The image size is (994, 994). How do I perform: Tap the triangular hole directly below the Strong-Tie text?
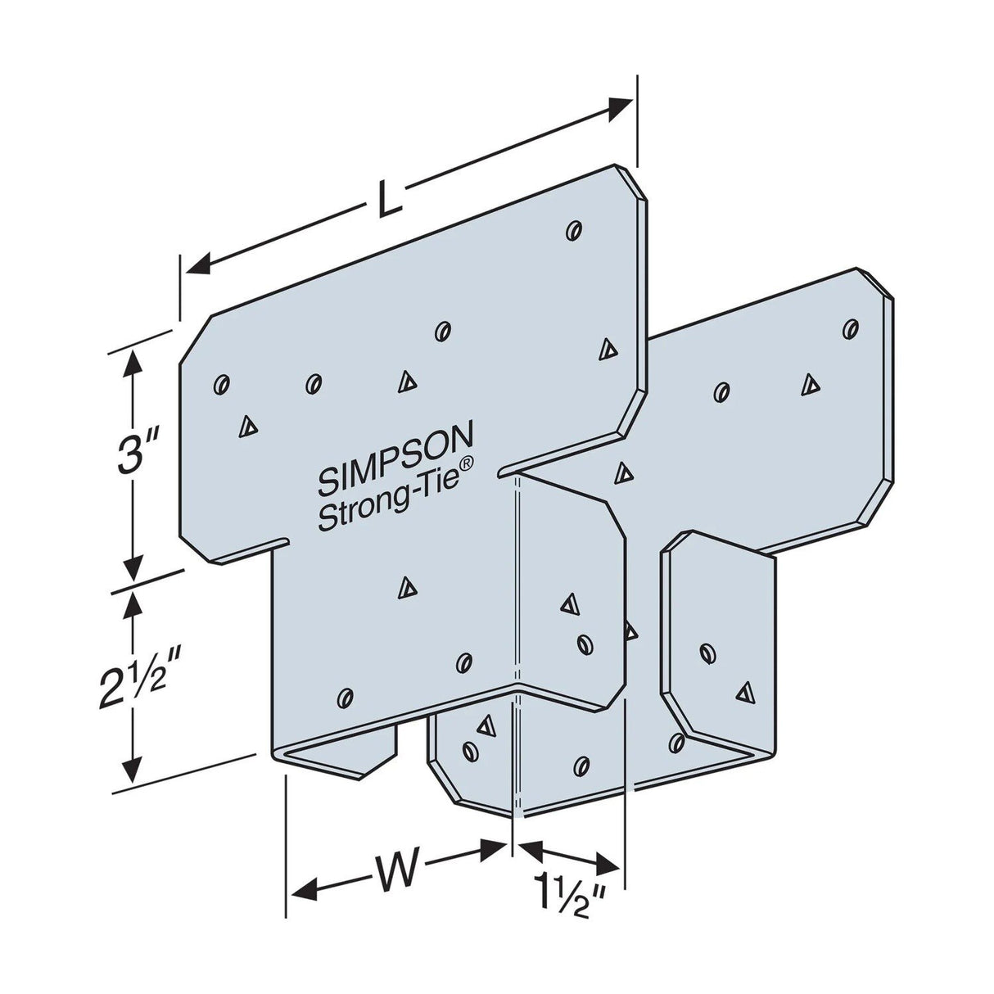[x=404, y=585]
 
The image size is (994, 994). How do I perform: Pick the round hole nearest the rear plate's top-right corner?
[x=850, y=329]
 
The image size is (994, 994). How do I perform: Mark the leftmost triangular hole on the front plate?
[x=246, y=425]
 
